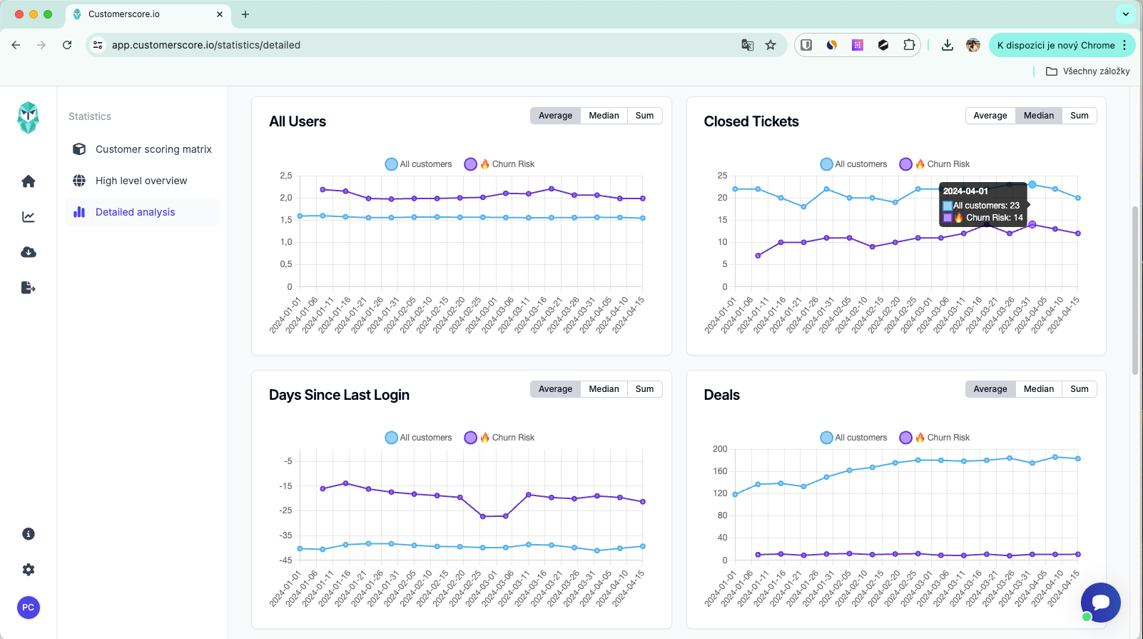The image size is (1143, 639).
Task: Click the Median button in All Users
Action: (604, 116)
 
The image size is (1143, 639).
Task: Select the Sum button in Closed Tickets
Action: (1079, 116)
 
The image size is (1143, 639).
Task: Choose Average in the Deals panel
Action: (990, 389)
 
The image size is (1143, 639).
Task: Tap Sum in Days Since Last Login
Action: (644, 389)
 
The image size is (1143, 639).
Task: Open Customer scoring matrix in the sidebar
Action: (153, 149)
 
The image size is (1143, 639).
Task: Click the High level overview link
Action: (141, 181)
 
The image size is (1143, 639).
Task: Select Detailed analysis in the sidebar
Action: (135, 212)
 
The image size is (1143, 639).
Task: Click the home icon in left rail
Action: (29, 181)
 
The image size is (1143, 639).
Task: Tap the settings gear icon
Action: (29, 570)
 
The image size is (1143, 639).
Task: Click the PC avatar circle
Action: (29, 608)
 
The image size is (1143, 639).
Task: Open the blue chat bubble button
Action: (1100, 603)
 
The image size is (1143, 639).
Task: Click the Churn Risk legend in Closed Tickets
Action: (935, 164)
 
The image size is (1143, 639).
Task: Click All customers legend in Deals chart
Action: (854, 438)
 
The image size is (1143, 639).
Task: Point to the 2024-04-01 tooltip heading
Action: (965, 191)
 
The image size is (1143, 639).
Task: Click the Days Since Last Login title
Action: (339, 395)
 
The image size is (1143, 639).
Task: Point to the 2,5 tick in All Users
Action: (286, 176)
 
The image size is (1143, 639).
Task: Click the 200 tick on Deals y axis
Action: (720, 449)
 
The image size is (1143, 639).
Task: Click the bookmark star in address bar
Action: (771, 45)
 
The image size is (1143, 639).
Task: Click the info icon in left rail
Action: (29, 534)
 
